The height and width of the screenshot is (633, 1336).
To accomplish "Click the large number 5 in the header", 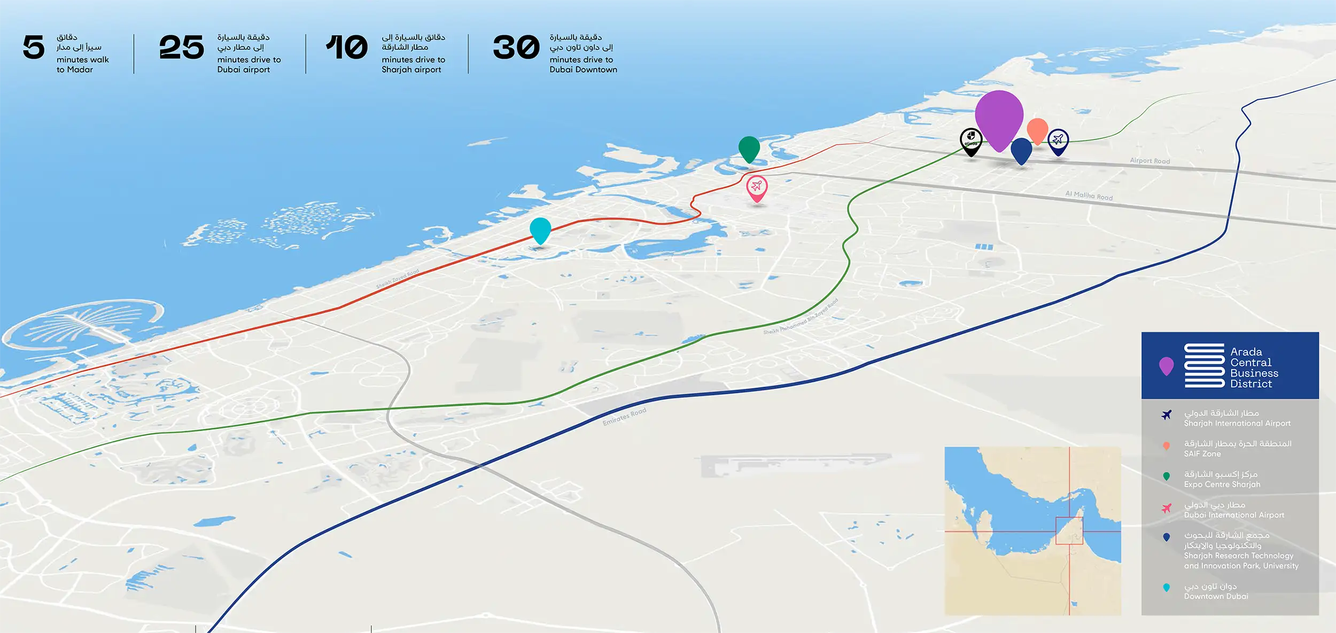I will click(33, 47).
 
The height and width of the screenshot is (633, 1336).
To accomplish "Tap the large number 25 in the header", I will click(182, 47).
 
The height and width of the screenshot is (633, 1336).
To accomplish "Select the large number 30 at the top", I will click(516, 47).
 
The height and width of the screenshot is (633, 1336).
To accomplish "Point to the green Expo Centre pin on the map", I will click(749, 149).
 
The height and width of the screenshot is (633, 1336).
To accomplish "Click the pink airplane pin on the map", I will click(757, 187).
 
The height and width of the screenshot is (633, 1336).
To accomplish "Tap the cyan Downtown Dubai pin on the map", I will click(540, 230).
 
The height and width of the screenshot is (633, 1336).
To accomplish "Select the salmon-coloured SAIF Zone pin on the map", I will click(1037, 130).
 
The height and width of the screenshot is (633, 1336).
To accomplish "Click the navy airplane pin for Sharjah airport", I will click(1058, 141).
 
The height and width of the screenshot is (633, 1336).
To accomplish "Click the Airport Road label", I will click(1149, 161).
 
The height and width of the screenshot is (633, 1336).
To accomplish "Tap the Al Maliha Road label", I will click(1089, 196).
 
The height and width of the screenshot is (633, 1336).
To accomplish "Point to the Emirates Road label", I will click(624, 417).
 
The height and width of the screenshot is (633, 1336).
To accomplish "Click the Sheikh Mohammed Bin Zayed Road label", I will click(801, 317).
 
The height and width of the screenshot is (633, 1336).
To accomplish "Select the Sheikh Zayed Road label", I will click(398, 279).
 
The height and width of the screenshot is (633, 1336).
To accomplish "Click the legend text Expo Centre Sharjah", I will click(1222, 484).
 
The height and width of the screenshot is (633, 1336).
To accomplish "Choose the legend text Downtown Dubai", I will click(1216, 596).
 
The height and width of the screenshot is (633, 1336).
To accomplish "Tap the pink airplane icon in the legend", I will click(1167, 508).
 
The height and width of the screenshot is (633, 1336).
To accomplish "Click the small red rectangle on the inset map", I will click(1069, 530).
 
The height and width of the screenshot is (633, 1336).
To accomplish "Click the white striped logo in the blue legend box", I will click(1204, 365).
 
